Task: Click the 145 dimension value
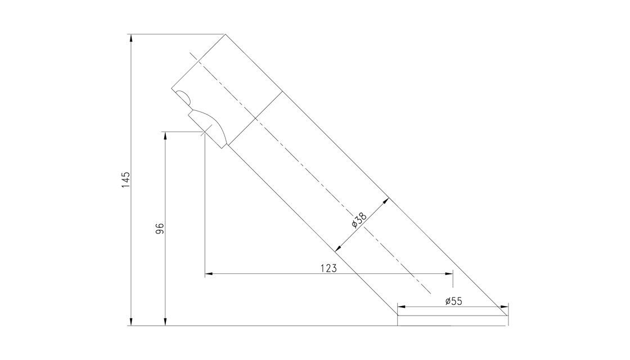[x=126, y=180]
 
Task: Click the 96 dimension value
[x=160, y=228]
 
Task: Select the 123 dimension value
[x=328, y=268]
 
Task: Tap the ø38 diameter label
[x=359, y=220]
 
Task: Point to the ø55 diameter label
[x=453, y=301]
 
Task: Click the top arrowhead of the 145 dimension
[x=130, y=39]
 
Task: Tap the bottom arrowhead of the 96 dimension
[x=165, y=321]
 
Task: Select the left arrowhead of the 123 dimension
[x=209, y=274]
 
